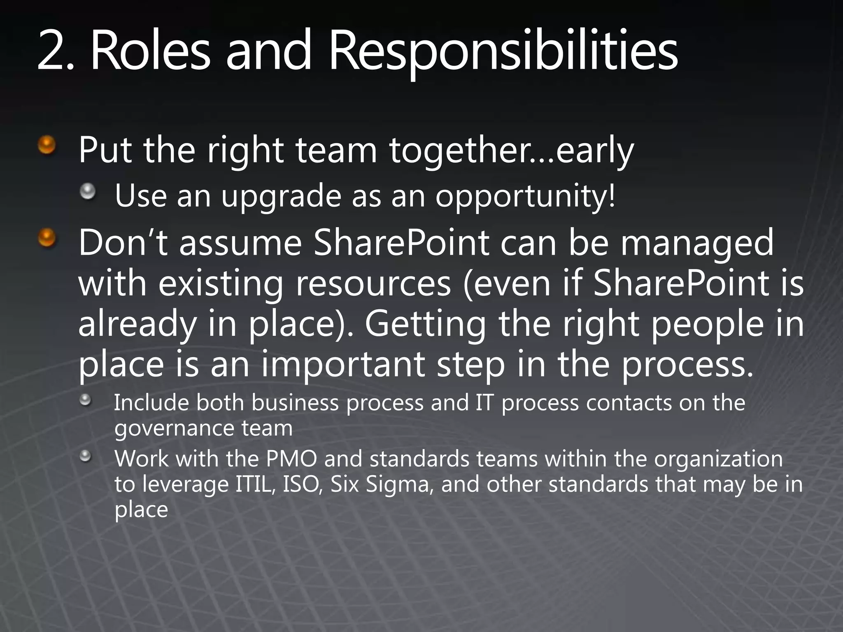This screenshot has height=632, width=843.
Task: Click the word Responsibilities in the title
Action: [503, 51]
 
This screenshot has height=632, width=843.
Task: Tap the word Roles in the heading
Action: [150, 51]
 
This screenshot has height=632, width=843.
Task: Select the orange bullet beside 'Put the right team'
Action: [47, 145]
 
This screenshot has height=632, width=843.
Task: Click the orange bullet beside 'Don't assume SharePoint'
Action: [47, 238]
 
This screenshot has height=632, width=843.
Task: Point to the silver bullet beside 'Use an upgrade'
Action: [88, 191]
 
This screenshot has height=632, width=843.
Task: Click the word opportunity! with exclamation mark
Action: [526, 197]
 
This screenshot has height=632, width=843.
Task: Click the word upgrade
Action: [281, 197]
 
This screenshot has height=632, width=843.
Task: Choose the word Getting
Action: [425, 324]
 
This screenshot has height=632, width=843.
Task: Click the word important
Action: [343, 365]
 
